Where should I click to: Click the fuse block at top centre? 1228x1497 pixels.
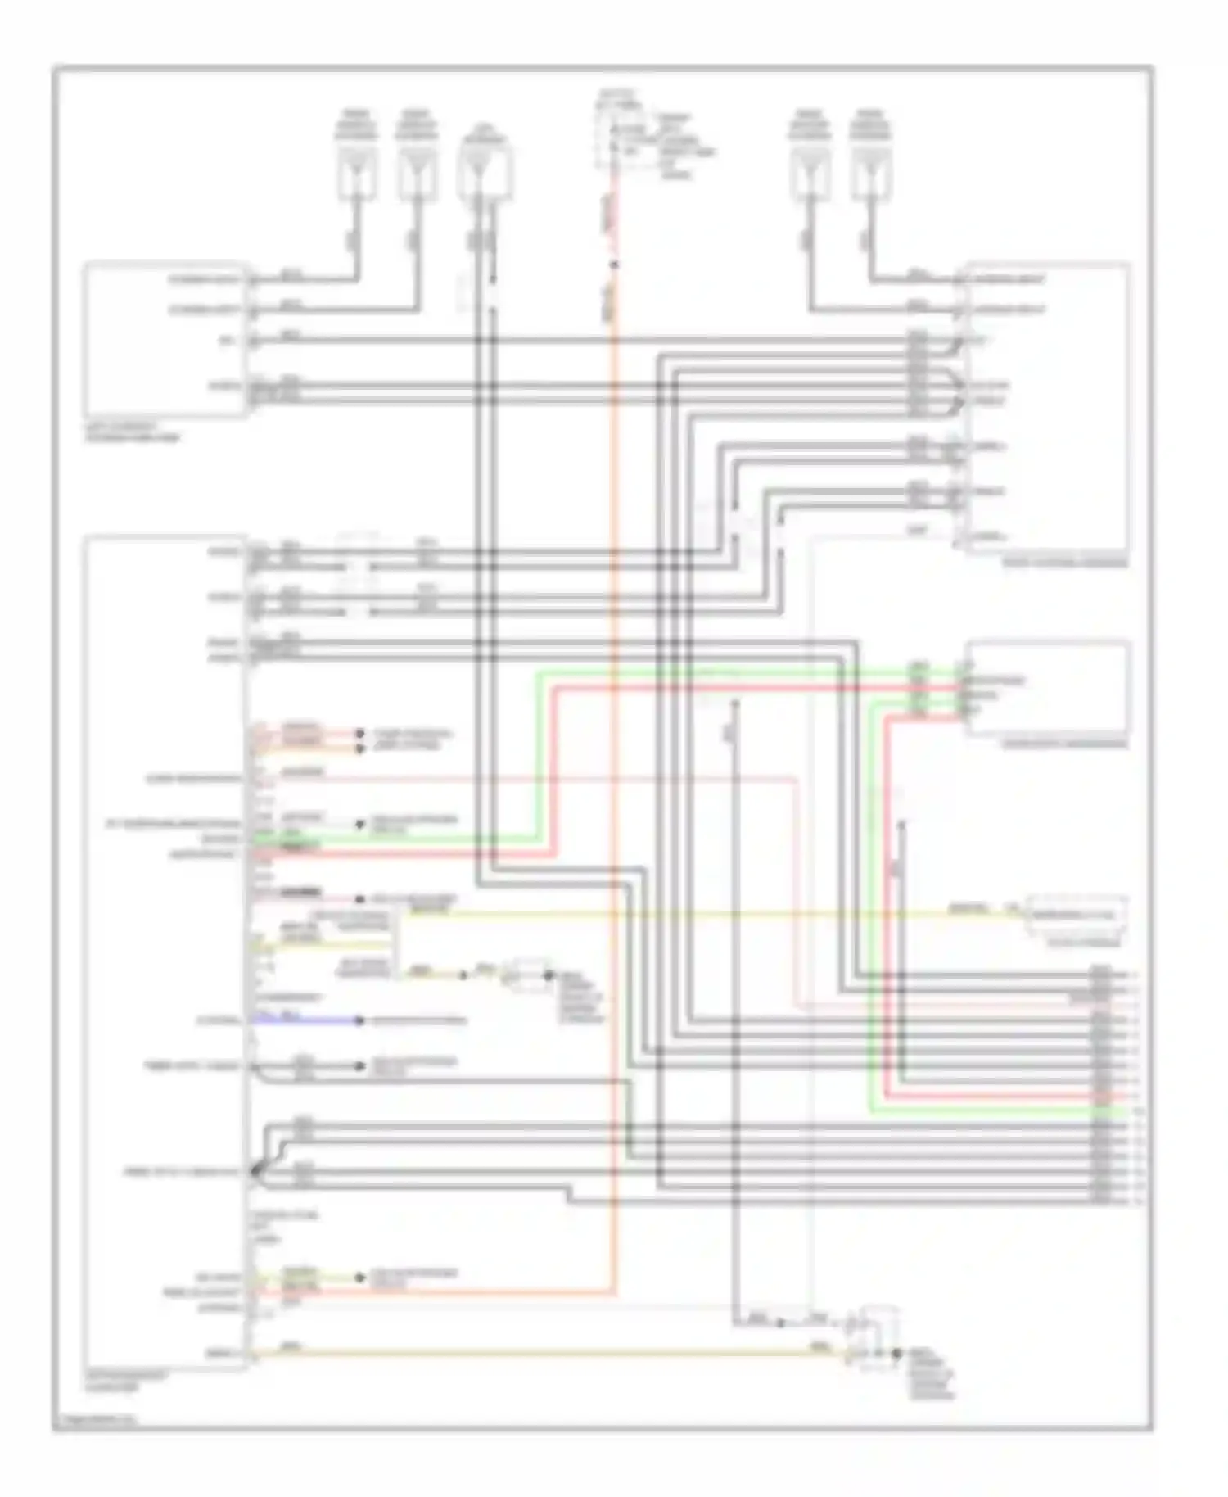[x=616, y=139]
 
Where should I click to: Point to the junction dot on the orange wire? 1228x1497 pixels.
[x=614, y=265]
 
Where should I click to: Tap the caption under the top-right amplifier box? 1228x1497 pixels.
[x=1064, y=563]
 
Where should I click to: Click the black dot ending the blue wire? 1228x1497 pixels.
[x=359, y=1020]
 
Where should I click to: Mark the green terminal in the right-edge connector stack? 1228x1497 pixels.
[x=1105, y=1111]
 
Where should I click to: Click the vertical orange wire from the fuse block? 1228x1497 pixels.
[x=614, y=737]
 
